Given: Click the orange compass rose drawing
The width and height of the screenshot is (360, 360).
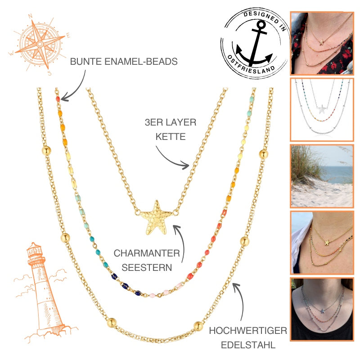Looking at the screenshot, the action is point(40,44).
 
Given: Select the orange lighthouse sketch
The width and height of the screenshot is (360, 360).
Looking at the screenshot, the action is point(45,292).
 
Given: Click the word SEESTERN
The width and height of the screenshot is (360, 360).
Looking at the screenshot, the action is point(147,267).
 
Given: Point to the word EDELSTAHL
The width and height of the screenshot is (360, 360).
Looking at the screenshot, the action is point(248,345).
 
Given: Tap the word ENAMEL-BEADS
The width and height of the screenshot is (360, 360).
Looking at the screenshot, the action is point(141,62).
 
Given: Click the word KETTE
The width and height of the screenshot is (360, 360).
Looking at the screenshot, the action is point(171,137).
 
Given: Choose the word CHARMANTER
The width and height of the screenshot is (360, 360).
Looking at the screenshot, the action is point(147,253).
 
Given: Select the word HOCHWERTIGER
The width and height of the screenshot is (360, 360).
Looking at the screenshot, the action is point(248,331).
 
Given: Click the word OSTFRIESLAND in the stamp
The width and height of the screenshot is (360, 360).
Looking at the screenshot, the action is point(250,65).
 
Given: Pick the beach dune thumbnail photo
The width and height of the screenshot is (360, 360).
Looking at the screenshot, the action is point(322,176).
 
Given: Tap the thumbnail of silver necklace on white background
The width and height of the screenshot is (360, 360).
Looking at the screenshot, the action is point(322,110).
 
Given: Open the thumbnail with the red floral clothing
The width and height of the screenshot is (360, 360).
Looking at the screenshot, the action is point(322,43).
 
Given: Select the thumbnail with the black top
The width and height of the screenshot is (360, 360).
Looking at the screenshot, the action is point(322,309).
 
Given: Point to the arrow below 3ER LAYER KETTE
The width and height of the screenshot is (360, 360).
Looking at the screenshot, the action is point(171,160).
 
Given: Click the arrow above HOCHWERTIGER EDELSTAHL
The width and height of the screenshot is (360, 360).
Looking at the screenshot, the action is point(241,298).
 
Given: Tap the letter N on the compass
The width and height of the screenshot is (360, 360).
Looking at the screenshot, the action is point(30,16).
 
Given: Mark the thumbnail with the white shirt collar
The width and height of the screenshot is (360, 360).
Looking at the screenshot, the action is point(322,243).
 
